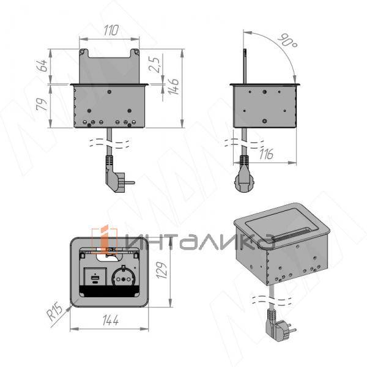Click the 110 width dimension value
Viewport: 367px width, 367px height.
[x=111, y=29]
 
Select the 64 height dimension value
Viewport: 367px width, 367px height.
[x=43, y=65]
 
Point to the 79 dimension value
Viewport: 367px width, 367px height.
[x=43, y=105]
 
